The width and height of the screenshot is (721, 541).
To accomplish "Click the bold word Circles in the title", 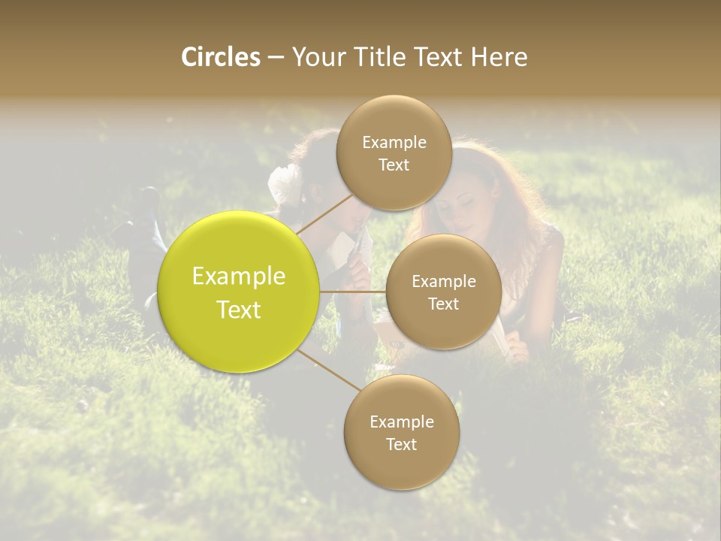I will pos(221,57).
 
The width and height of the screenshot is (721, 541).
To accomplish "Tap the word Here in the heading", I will pos(499,57).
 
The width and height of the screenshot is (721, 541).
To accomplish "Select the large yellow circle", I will pos(238,292).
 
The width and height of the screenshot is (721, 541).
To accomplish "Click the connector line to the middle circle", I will pos(352,292).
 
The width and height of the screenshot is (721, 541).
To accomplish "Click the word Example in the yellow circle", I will pos(239,276).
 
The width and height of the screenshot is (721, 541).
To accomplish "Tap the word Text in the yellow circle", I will pos(239,310).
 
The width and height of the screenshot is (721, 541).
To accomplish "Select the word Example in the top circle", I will pos(394,143).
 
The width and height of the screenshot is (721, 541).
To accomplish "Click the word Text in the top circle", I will pos(394,165).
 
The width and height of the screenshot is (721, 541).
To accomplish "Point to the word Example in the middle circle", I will pos(444,282).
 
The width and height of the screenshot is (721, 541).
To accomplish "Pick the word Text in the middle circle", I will pos(443,304).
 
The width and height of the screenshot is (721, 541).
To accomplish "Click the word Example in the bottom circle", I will pos(402,422).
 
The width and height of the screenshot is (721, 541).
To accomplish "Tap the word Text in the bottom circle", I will pos(401,444).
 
